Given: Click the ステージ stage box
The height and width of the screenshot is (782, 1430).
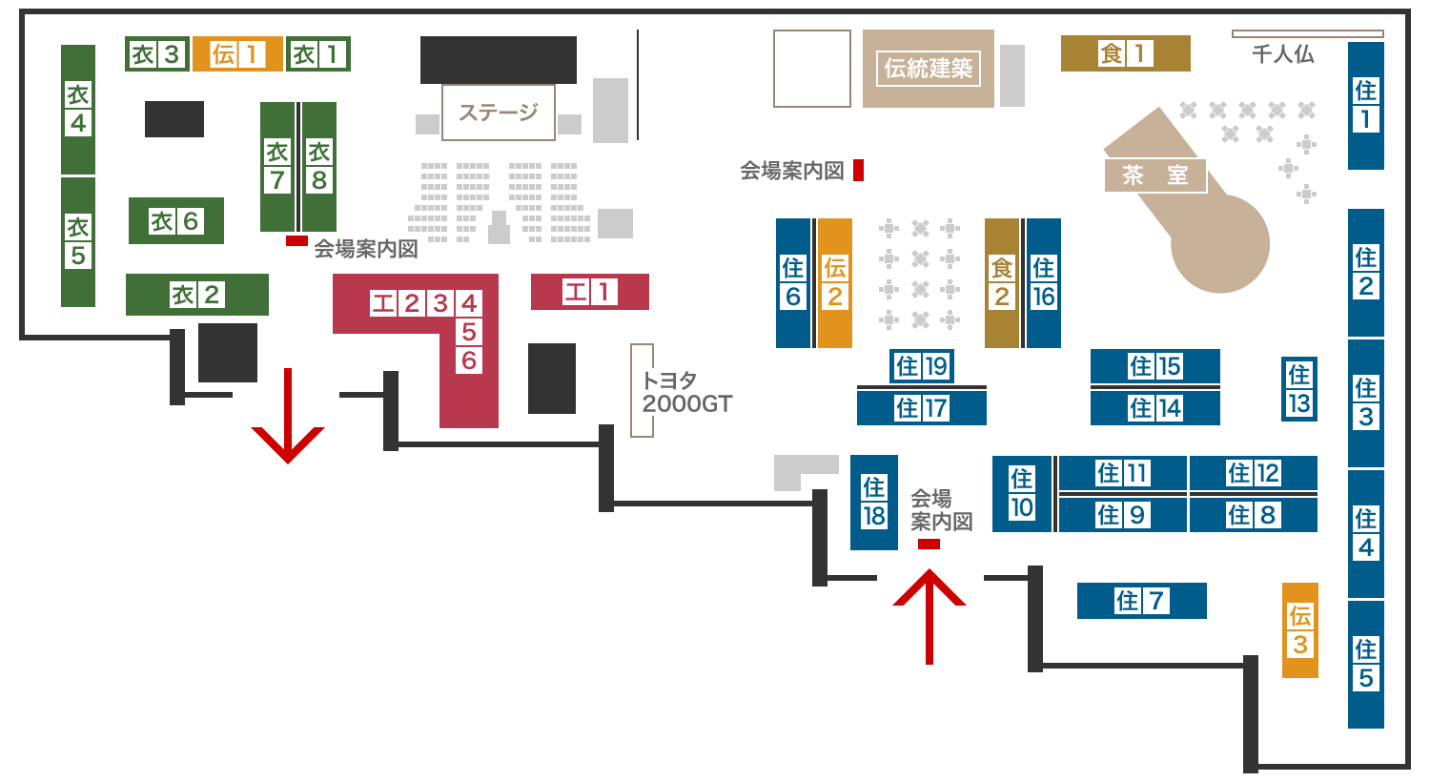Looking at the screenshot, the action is coord(499,113).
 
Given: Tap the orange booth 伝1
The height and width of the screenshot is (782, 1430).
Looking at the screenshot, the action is coord(237,54).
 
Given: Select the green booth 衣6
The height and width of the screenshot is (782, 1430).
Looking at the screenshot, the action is coord(176,221).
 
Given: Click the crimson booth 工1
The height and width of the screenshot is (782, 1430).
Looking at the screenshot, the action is coord(590,292).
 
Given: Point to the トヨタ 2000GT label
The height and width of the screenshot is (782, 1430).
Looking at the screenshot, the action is coord(687,392).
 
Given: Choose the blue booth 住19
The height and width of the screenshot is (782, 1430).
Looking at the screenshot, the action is coord(922,366).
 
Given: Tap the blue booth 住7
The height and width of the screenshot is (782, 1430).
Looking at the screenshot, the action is coord(1142,601).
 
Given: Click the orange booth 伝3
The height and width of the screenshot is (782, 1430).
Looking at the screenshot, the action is coord(1300,630).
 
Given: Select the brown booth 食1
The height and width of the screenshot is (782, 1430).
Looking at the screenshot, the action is coord(1126,53).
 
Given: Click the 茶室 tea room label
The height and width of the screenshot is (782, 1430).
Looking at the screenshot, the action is coord(1155,175).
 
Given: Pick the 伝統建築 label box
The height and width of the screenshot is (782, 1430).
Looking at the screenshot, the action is coord(929,69).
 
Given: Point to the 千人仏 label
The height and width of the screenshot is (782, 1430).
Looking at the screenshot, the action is coord(1283,54).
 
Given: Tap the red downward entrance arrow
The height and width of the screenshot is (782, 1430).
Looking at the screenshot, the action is coord(288,416).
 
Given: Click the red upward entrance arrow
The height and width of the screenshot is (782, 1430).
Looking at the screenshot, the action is coord(929,617).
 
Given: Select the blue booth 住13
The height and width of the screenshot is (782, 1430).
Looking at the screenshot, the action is coord(1299,389).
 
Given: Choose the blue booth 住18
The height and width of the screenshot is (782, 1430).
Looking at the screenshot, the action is coord(874,503).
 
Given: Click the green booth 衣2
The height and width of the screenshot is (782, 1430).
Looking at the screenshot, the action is coord(197,295).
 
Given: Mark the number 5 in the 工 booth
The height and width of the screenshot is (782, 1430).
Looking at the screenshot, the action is coord(469,332).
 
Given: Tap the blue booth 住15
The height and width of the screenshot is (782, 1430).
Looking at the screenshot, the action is coord(1155,366).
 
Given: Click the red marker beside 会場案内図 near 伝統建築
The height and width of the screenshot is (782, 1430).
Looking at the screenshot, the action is coord(859,171).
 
